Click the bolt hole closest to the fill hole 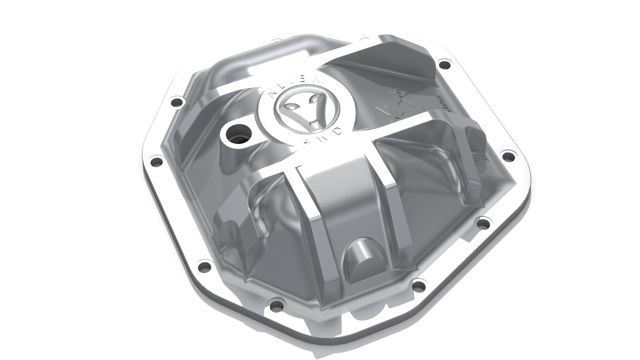(x=177, y=101)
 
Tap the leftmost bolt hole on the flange (x=156, y=162)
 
